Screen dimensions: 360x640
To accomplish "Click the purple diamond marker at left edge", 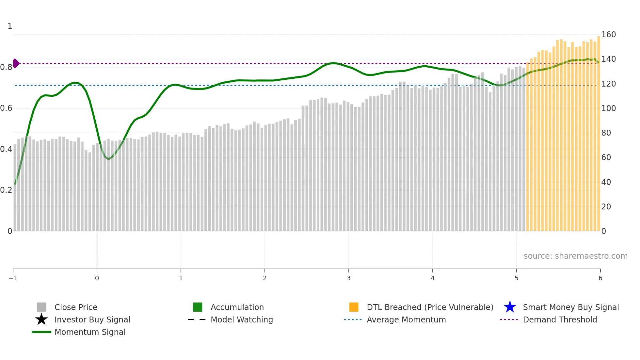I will [x=16, y=63].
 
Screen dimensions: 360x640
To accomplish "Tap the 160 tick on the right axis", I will [x=608, y=35].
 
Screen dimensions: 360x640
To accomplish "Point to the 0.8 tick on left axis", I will [x=6, y=67].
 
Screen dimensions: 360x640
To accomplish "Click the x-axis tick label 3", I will [x=348, y=278].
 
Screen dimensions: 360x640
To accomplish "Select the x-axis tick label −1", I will [x=13, y=278].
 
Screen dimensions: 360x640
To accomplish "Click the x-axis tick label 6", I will [x=600, y=278].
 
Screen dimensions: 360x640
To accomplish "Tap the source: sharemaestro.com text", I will [x=575, y=256].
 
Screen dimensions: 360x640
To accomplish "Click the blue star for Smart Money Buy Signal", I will [x=510, y=307].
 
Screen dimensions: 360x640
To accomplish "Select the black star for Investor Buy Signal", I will [x=41, y=319].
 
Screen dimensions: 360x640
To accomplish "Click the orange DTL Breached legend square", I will [x=354, y=307].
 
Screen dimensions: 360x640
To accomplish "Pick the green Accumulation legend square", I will [x=198, y=307].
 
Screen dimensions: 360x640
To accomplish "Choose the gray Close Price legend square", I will [x=41, y=307].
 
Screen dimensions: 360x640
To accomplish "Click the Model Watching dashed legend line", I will [x=197, y=319].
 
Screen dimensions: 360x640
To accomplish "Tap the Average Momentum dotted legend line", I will [x=353, y=319].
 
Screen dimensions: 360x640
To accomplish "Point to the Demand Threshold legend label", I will [x=560, y=319].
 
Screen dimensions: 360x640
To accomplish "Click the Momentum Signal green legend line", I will [x=41, y=332].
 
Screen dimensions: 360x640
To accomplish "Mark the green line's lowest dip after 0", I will [x=108, y=159].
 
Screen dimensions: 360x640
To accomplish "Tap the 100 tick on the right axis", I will [x=608, y=108].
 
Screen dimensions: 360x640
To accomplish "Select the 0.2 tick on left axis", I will [x=6, y=190].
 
